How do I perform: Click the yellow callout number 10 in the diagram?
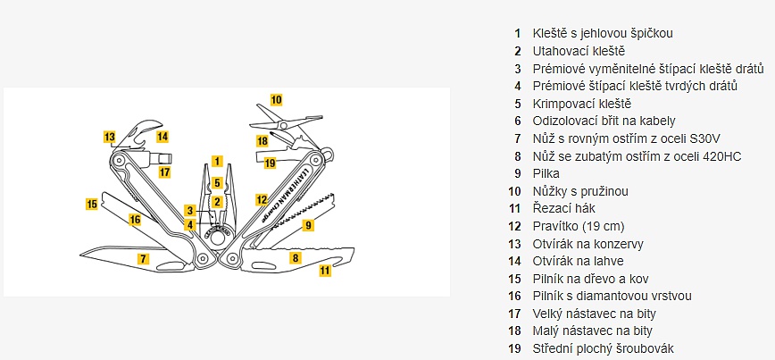click(x=276, y=100)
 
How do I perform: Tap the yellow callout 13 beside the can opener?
click(x=110, y=138)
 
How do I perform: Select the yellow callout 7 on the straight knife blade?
click(x=142, y=259)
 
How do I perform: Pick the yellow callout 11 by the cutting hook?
click(x=325, y=270)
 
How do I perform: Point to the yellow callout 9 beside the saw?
click(x=308, y=226)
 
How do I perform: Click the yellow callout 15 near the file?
click(x=91, y=204)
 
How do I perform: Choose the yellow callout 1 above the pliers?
click(x=217, y=162)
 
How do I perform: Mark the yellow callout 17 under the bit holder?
click(x=164, y=172)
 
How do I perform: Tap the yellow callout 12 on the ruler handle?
click(x=262, y=200)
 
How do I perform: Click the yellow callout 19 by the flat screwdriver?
click(x=271, y=163)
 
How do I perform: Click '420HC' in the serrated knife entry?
click(x=721, y=156)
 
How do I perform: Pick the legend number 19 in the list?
click(x=515, y=348)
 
